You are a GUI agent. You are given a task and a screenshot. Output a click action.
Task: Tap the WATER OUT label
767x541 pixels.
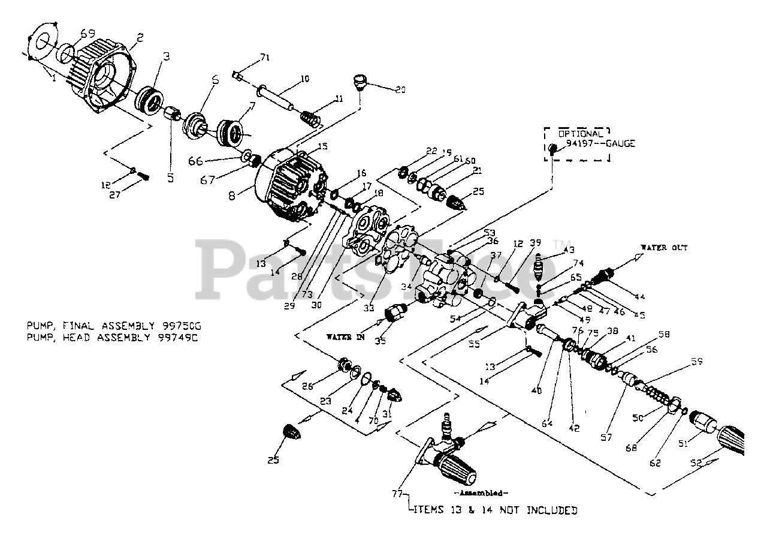pyautogui.click(x=663, y=248)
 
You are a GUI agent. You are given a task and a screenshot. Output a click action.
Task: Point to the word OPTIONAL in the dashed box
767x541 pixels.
pyautogui.click(x=581, y=134)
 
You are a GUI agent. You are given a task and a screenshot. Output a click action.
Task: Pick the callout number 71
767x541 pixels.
pyautogui.click(x=264, y=58)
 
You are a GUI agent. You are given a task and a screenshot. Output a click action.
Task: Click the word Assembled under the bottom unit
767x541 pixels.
pyautogui.click(x=482, y=493)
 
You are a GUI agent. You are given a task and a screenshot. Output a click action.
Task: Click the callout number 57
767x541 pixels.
pyautogui.click(x=606, y=438)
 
